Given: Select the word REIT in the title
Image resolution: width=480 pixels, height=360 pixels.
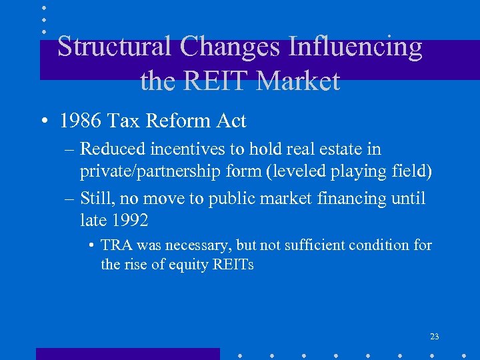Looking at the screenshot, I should [215, 81].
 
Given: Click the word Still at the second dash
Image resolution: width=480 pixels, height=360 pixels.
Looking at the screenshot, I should [97, 198].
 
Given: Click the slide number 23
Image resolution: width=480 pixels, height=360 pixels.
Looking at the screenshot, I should [434, 337].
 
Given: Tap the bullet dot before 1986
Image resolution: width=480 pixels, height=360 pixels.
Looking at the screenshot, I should [43, 122].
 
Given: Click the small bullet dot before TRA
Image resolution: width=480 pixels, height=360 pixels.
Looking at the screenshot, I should [89, 246].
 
